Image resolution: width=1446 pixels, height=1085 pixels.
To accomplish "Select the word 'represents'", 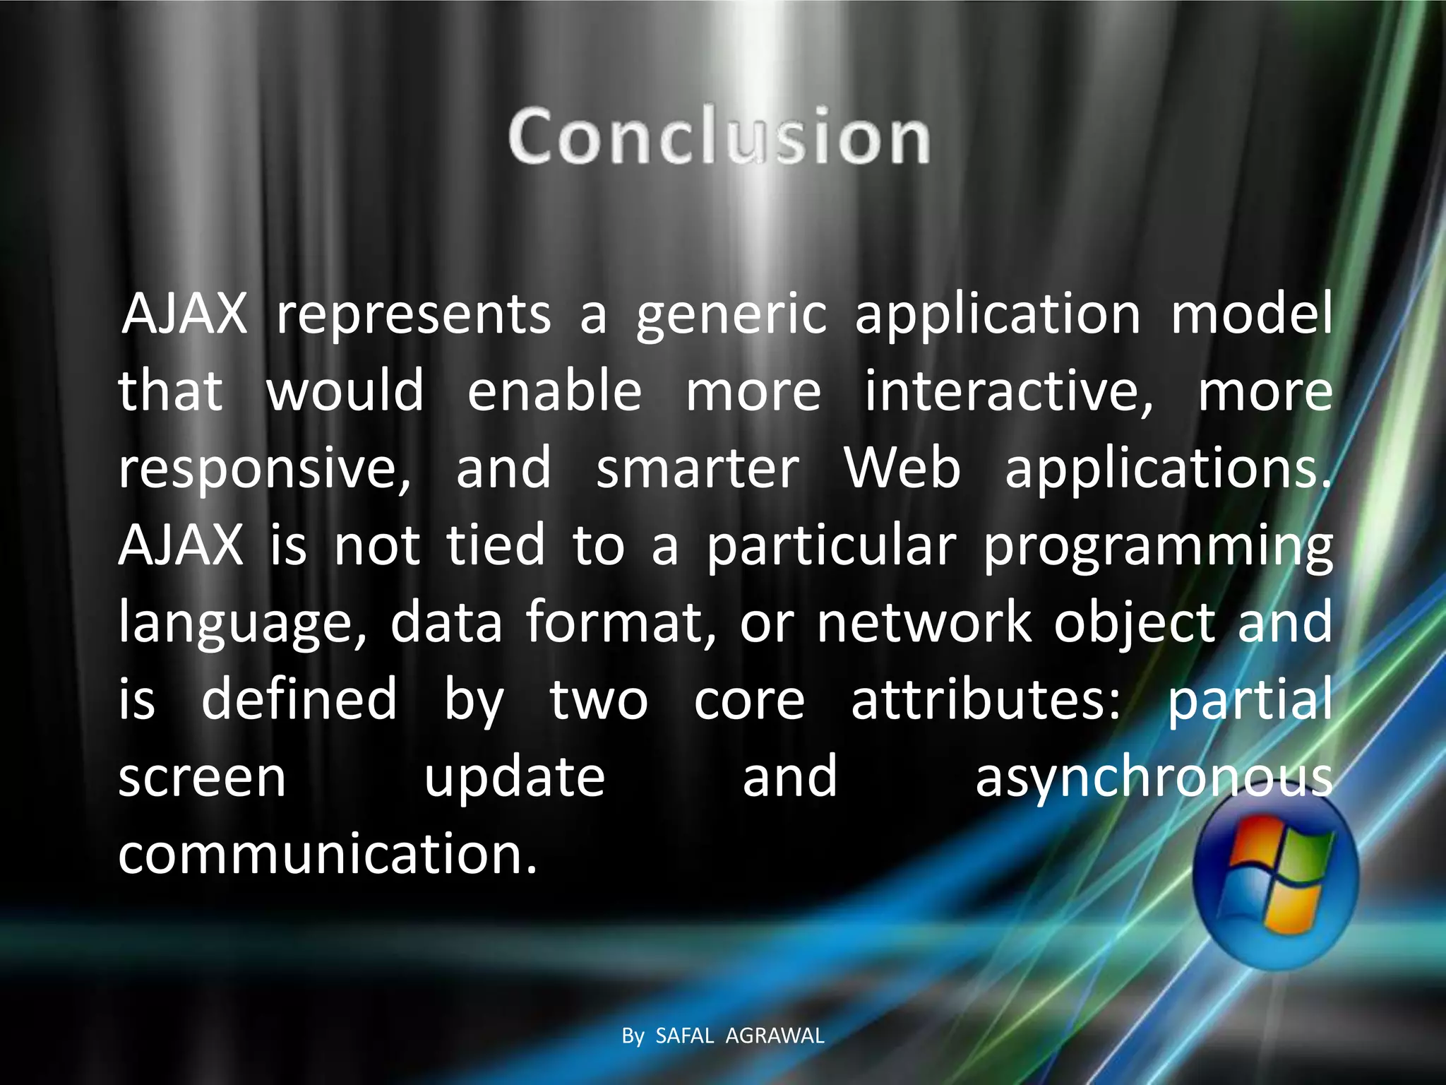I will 414,314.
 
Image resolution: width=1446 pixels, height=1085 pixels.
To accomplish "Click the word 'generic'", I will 731,315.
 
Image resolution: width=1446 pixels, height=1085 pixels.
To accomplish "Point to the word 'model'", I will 1252,314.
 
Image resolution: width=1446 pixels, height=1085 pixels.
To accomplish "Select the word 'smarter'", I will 698,468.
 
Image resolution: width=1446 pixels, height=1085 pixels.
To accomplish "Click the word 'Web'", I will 902,468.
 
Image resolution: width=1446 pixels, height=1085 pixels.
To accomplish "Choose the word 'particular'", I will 832,545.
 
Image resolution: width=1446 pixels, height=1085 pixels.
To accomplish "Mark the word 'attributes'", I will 986,699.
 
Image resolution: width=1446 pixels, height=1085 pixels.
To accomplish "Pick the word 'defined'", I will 299,699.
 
